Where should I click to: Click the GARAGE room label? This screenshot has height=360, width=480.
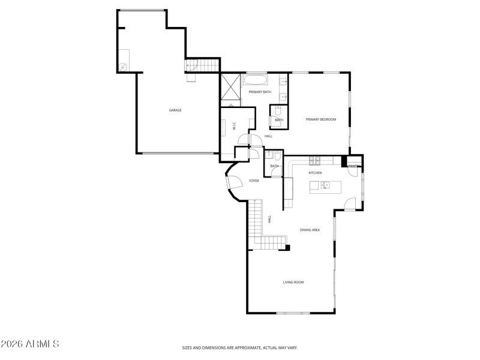point(175,110)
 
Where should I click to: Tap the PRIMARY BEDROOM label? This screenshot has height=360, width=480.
point(321,119)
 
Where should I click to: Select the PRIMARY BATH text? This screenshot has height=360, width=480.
point(260,92)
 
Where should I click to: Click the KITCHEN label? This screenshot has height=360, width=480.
point(315,173)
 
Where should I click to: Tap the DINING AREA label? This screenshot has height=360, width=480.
point(310,230)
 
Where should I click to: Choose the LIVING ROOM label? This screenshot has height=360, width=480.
point(293,281)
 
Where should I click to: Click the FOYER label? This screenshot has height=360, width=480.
point(254,181)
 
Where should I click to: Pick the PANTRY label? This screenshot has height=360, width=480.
point(354,166)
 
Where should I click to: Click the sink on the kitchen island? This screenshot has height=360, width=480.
point(325,185)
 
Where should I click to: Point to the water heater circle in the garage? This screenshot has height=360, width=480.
point(123,67)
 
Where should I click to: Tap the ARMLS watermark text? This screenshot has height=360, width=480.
point(30,344)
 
